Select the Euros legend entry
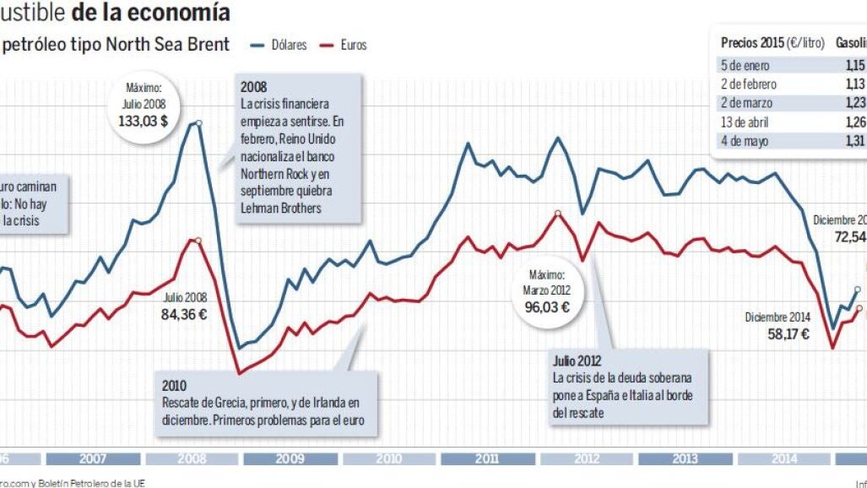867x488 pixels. (x=353, y=45)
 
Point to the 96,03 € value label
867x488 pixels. (x=547, y=306)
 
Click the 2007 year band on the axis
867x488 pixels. (x=93, y=459)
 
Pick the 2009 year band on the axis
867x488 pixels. (x=290, y=459)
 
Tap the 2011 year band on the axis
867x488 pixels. (x=487, y=459)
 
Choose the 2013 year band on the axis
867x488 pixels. (x=685, y=459)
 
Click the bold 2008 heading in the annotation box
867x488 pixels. (x=253, y=87)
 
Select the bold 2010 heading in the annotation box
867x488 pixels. (x=175, y=386)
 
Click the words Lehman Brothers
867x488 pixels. (x=280, y=208)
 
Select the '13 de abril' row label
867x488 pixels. (x=745, y=122)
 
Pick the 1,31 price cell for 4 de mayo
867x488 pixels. (x=854, y=142)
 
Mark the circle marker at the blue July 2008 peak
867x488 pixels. (x=199, y=123)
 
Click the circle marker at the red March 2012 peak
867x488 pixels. (x=557, y=213)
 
